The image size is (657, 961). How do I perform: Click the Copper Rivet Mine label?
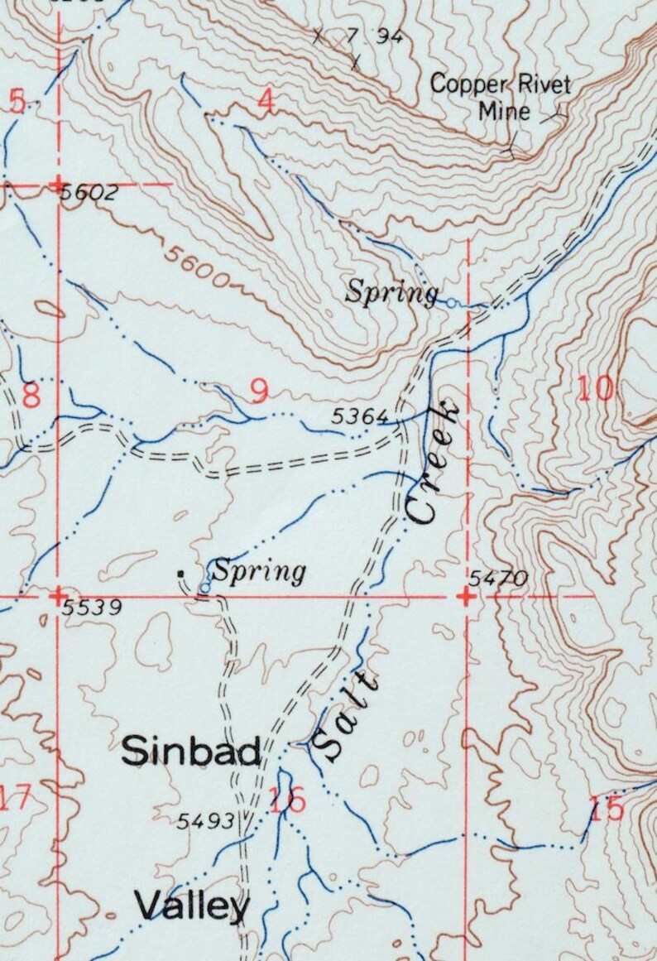point(500,97)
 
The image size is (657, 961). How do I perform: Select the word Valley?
point(192,906)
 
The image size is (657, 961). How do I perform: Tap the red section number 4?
point(265,101)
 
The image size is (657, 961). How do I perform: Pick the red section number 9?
point(259,391)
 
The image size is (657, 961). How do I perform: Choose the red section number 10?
point(596,387)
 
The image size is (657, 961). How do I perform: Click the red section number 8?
point(31,395)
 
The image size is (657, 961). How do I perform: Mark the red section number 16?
point(287,800)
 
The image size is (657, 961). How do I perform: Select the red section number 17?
point(15,800)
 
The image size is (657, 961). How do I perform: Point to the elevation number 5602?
point(90,194)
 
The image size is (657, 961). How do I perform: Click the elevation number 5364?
point(359,418)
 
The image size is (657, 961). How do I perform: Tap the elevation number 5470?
point(497,579)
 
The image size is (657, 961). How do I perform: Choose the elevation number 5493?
point(206,822)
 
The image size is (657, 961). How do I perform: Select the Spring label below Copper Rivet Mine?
point(391,291)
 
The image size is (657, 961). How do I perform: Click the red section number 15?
point(608,809)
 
